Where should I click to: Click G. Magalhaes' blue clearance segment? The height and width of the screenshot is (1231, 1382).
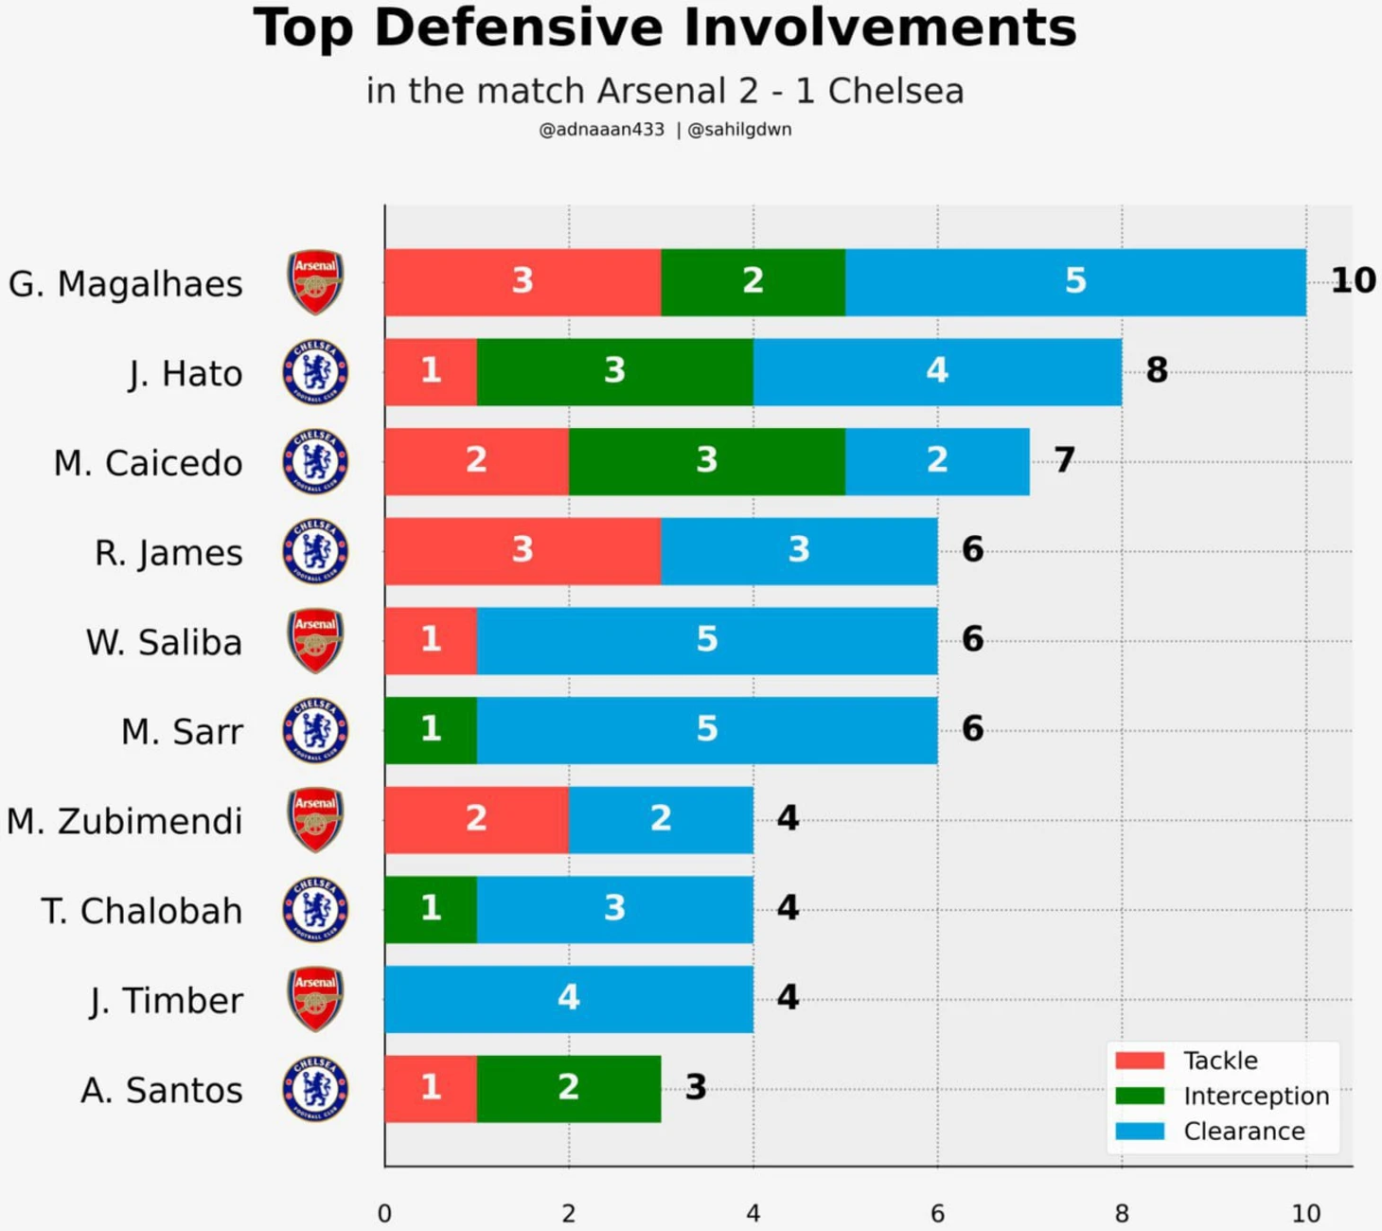click(1075, 282)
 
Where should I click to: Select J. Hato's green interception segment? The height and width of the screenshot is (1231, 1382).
click(614, 372)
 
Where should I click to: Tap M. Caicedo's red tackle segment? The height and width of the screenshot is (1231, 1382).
click(477, 462)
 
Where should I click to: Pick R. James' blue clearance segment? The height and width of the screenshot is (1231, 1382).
click(799, 551)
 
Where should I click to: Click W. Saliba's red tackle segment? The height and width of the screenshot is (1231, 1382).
click(431, 641)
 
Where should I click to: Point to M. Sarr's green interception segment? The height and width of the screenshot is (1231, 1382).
click(431, 730)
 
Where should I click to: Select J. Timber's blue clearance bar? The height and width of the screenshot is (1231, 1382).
click(569, 999)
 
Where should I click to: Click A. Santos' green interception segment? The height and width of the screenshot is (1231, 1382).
click(569, 1088)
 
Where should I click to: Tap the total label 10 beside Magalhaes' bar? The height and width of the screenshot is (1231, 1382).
click(1354, 280)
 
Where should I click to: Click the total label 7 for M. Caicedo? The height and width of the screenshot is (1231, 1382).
click(1065, 460)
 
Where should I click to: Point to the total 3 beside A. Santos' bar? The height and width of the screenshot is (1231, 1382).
click(696, 1086)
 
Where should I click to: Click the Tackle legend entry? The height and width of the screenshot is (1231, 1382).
click(1186, 1061)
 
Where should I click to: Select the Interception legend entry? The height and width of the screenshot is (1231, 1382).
click(1222, 1096)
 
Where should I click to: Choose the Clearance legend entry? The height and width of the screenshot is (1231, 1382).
click(1210, 1132)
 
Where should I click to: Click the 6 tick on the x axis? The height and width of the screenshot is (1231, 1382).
click(937, 1214)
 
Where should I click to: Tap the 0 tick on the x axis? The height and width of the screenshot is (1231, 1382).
click(384, 1214)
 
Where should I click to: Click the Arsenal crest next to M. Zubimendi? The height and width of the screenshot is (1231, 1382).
click(314, 819)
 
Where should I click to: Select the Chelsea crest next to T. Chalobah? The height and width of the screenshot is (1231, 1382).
click(315, 910)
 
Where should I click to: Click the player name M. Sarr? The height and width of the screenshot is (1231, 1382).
click(182, 732)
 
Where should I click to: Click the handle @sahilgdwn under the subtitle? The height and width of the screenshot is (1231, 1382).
click(739, 130)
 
